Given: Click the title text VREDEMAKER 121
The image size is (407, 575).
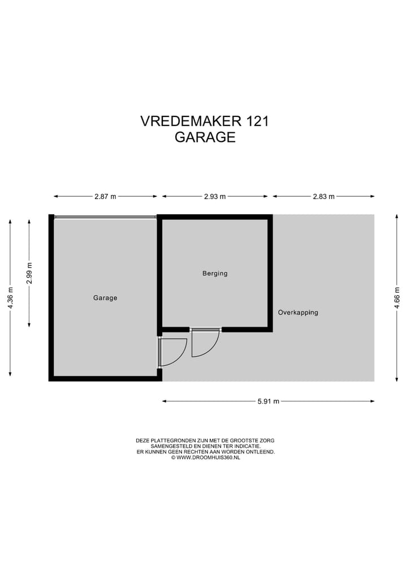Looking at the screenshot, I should [205, 121].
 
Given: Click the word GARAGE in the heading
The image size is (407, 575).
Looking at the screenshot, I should [205, 137].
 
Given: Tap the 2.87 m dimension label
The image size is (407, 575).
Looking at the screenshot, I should [105, 197].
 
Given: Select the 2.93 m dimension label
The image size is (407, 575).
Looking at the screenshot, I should [215, 197].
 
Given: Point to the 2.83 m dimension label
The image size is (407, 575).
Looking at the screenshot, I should [323, 197].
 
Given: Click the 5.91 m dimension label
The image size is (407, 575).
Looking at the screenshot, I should [269, 401].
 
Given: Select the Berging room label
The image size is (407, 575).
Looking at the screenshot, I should [215, 274].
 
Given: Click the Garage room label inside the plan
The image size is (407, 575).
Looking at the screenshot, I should [105, 298].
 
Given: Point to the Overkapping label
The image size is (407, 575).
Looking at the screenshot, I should [298, 313].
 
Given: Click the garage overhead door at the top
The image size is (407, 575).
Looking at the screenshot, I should [105, 217].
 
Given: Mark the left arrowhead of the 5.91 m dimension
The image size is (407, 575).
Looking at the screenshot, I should [164, 401].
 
